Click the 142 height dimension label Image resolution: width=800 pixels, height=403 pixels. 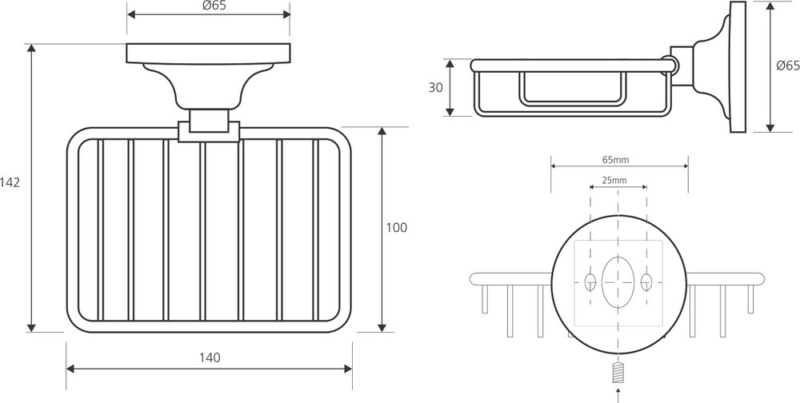10,182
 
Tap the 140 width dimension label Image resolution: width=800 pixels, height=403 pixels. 210,358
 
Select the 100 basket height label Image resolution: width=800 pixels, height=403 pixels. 397,228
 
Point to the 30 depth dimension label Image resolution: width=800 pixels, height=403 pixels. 435,87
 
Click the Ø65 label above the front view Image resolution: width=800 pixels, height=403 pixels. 214,6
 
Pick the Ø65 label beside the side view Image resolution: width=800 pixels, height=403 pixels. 788,66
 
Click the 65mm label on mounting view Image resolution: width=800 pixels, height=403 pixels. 615,160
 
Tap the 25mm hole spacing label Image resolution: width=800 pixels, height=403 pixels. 614,180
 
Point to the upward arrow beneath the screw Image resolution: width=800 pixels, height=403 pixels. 618,395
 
